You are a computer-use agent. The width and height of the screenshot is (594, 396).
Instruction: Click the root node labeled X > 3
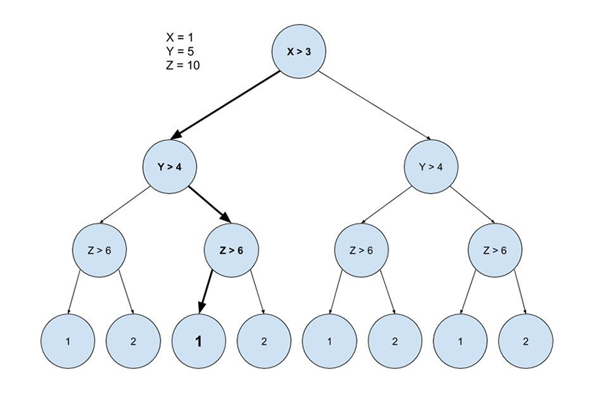pos(298,52)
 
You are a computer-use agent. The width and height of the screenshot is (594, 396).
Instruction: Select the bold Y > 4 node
pos(170,166)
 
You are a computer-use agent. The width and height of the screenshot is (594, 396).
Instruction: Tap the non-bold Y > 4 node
pos(430,166)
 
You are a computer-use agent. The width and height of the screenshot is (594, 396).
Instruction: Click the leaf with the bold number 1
pos(199,340)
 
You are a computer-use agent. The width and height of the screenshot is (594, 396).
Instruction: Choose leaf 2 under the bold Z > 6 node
pos(264,340)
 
